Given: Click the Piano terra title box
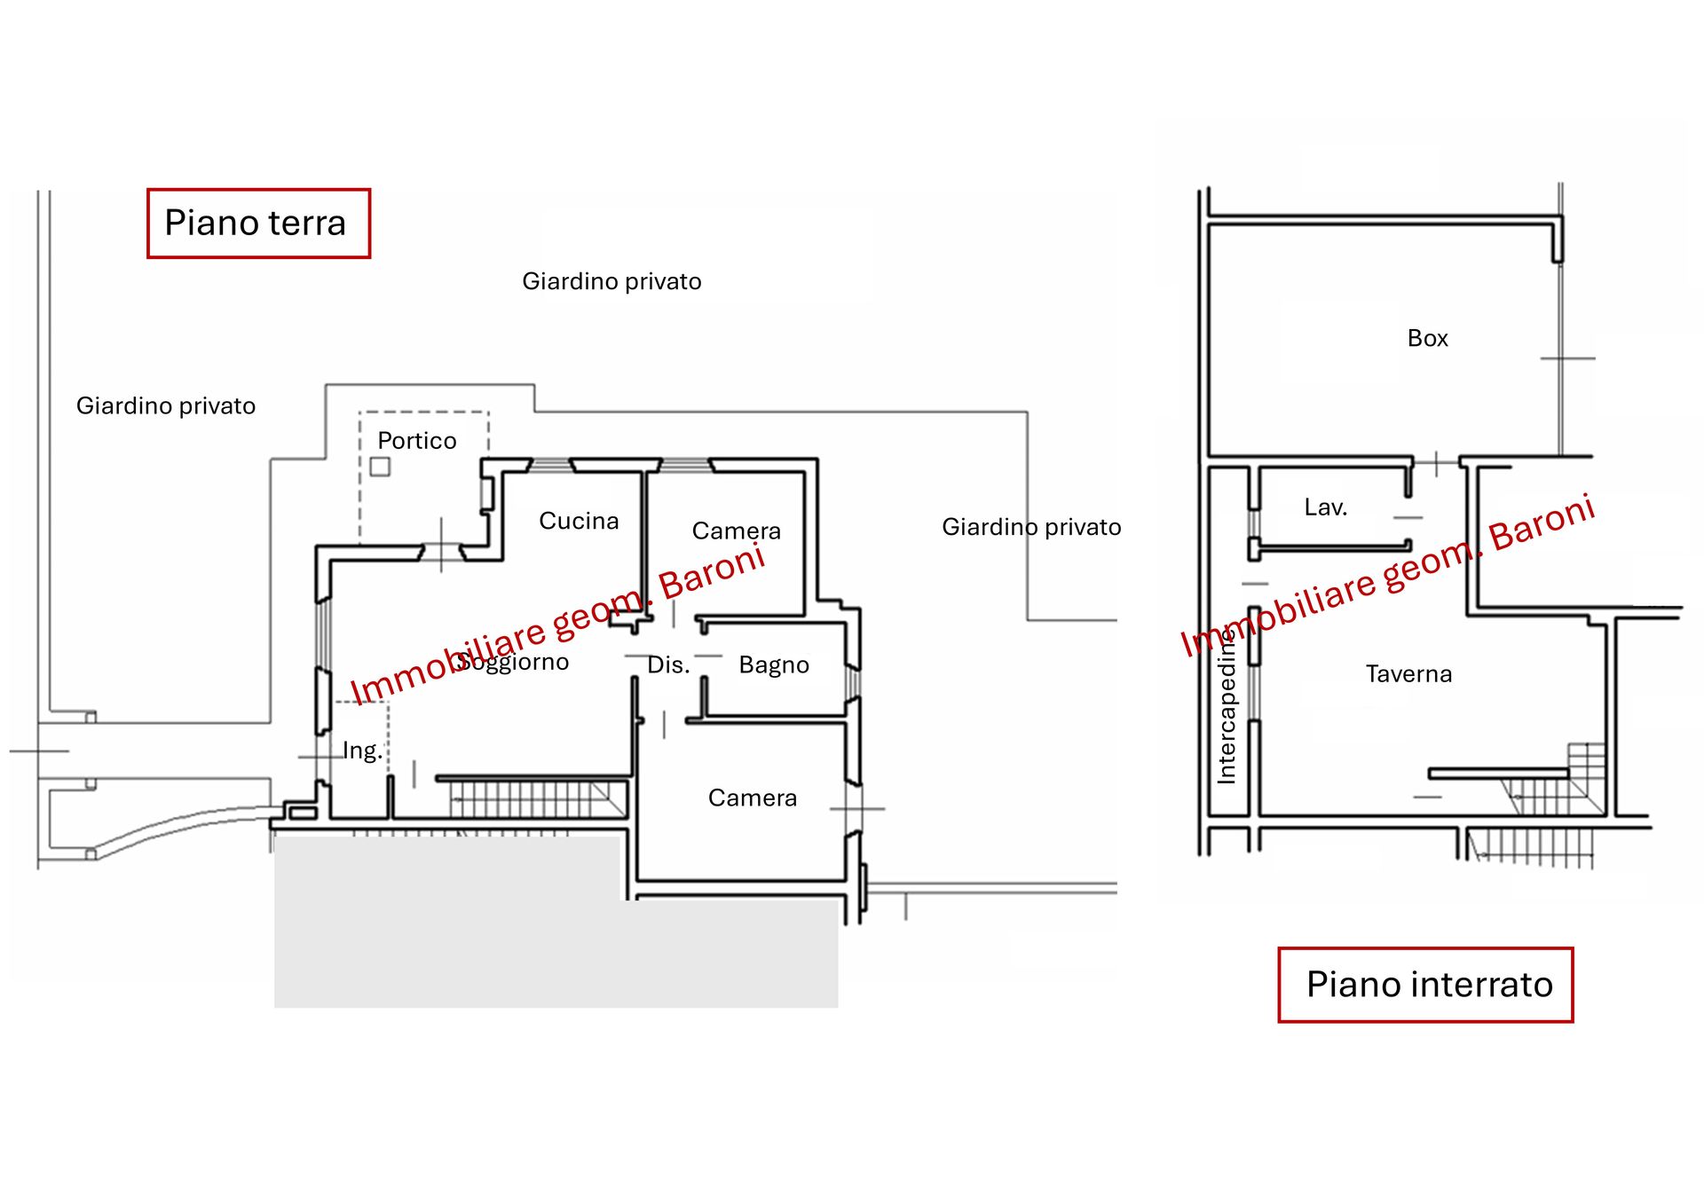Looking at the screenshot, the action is [x=258, y=224].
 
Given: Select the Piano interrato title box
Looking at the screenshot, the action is [x=1425, y=985].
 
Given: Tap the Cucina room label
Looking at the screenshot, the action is [x=579, y=521].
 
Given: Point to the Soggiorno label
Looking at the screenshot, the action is [x=512, y=662].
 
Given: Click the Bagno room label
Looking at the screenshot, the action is [x=774, y=665].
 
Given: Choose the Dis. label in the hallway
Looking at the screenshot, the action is [x=668, y=665].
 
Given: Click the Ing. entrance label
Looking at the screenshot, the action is [x=362, y=751].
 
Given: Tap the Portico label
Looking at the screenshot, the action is [x=417, y=441].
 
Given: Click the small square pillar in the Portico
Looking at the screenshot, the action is [x=380, y=467].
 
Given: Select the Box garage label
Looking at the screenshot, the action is [x=1427, y=338].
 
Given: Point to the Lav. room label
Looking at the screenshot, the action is [x=1325, y=507].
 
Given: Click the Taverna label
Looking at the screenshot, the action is [x=1408, y=674].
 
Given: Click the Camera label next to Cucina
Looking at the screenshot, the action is [x=736, y=531].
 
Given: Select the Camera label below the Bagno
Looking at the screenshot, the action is [x=753, y=798].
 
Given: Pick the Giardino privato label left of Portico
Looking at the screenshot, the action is [x=166, y=406].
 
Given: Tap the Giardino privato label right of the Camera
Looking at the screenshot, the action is [x=1031, y=528].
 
